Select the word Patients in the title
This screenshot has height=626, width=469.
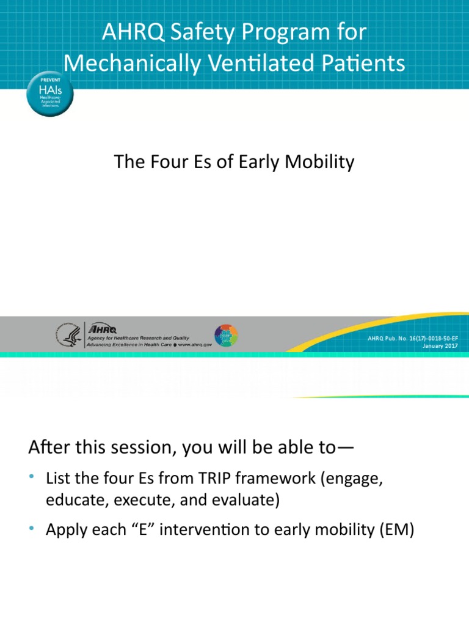[x=369, y=63]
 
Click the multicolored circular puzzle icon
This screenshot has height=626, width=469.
[x=226, y=336]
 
